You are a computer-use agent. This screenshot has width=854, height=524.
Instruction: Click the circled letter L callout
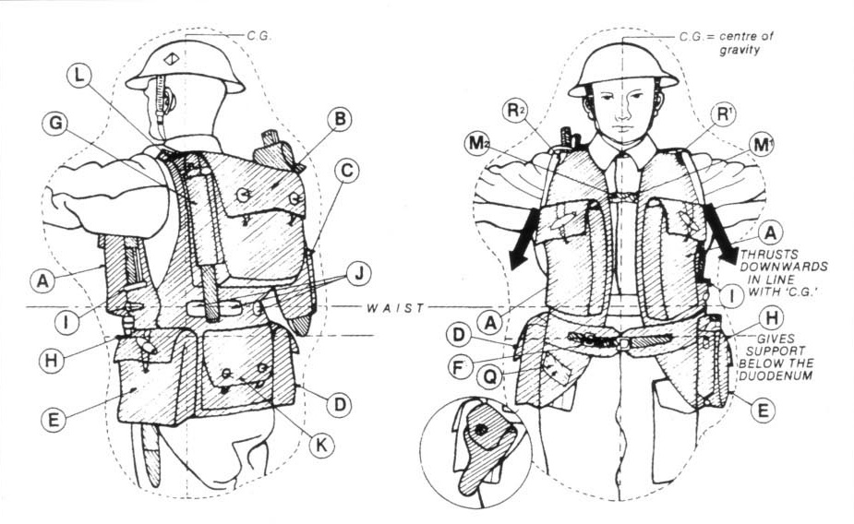coord(80,77)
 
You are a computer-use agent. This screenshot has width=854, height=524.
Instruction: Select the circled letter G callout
coord(55,124)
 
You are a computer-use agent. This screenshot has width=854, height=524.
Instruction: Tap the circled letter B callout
coord(340,119)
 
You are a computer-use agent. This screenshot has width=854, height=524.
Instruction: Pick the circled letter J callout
coord(359,274)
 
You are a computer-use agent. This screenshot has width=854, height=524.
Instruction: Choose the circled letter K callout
coord(321,446)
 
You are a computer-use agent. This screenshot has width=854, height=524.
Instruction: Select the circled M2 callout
coord(477,143)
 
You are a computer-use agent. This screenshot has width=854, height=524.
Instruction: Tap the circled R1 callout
coord(723,114)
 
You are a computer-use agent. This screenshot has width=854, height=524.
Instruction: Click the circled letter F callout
coord(459,368)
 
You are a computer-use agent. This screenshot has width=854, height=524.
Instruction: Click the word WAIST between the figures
coord(395,308)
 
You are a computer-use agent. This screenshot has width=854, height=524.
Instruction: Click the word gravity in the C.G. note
coord(740,51)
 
